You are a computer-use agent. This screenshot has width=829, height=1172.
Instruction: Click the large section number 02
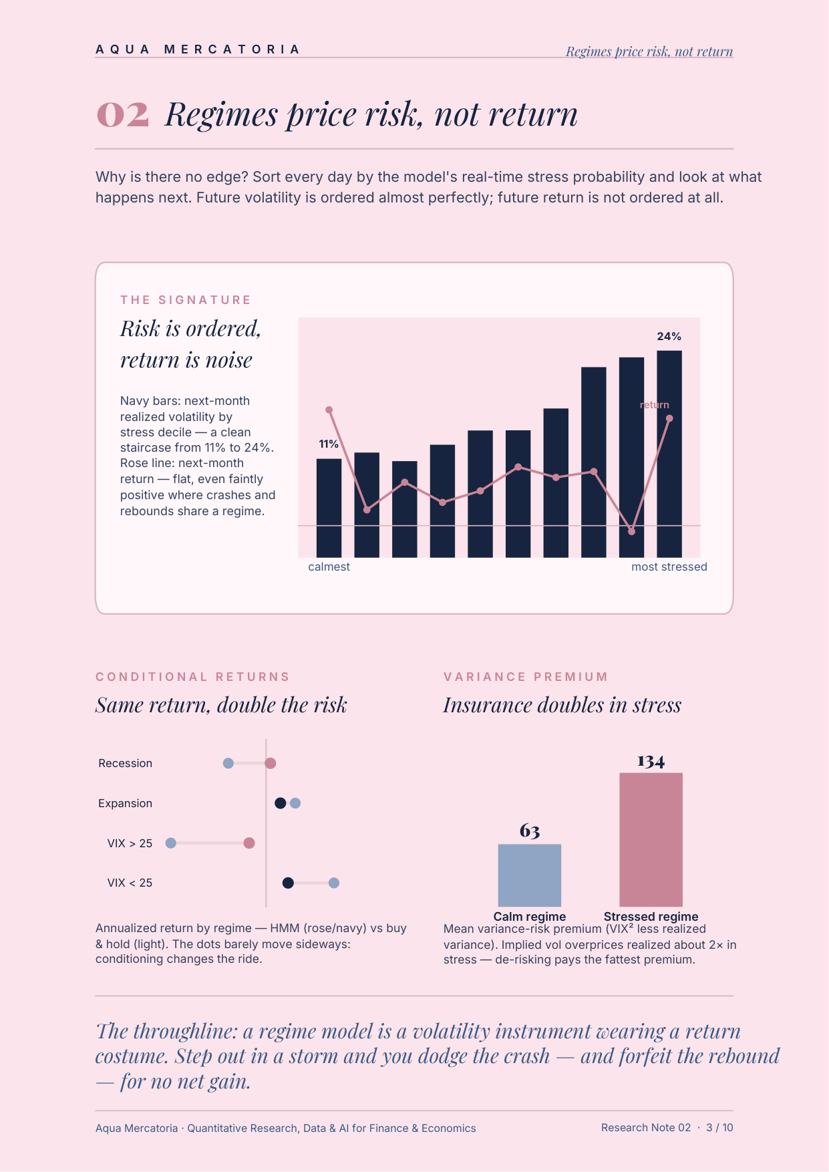pos(123,114)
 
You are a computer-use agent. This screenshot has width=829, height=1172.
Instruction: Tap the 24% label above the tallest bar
pos(669,336)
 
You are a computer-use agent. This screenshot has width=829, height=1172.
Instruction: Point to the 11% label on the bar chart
pos(329,444)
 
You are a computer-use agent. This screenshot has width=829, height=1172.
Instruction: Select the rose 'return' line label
pos(654,404)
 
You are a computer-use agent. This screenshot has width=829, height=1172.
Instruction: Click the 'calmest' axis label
pos(329,567)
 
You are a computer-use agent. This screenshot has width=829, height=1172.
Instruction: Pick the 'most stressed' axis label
pos(669,567)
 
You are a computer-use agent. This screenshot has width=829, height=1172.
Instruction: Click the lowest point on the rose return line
pos(632,531)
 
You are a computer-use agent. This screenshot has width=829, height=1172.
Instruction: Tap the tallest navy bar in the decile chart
pos(669,454)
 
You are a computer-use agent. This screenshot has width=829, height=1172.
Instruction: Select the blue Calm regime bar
pos(530,875)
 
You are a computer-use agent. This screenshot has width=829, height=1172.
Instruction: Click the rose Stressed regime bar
pos(651,840)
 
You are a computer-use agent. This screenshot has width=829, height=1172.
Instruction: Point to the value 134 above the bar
pos(651,761)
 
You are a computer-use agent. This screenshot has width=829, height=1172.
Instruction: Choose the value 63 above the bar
pos(530,831)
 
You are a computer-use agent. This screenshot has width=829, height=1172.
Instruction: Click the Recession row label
pos(125,763)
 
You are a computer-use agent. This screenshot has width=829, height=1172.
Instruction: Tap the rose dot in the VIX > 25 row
pos(249,843)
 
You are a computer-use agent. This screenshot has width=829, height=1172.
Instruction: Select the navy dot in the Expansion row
pos(281,803)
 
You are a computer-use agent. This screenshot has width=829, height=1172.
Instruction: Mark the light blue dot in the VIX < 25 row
pos(334,883)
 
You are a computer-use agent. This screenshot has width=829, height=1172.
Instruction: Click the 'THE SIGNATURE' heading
pos(186,300)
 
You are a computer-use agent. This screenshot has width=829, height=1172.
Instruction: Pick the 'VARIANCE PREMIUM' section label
pos(526,677)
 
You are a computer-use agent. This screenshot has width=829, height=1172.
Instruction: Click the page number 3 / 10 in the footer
pos(719,1127)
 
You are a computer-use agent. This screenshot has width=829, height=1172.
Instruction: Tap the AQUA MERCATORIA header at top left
pos(198,49)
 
